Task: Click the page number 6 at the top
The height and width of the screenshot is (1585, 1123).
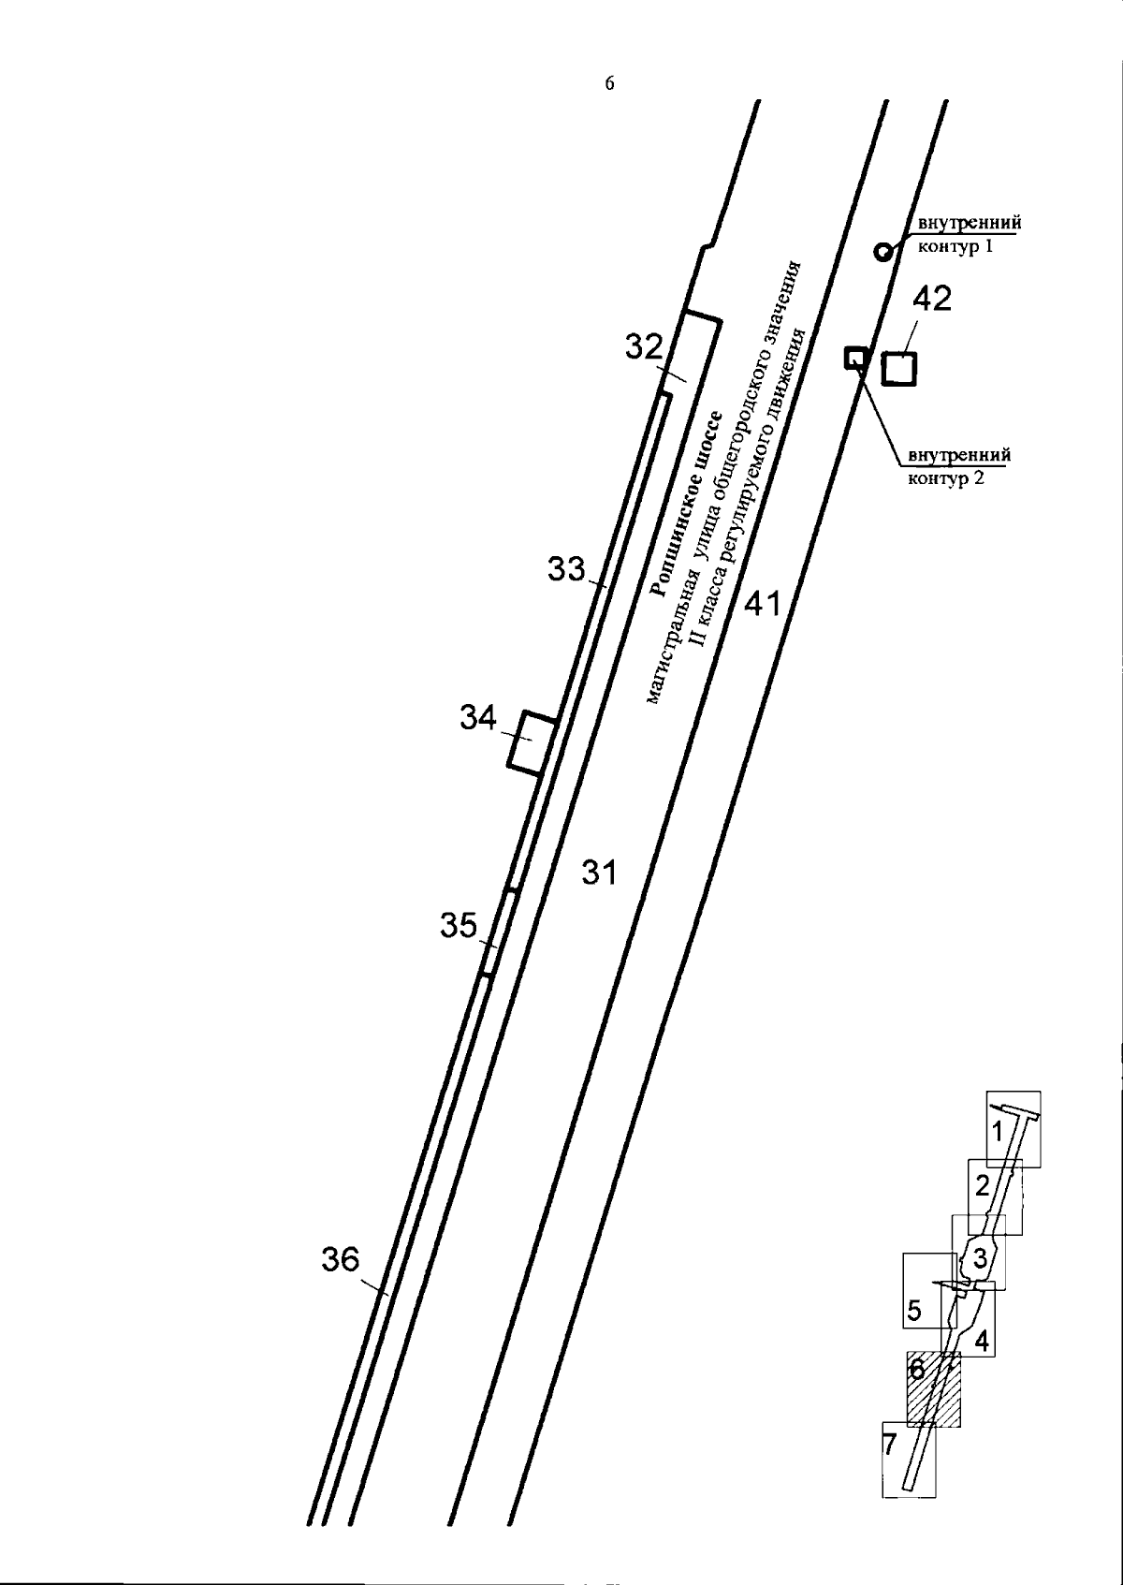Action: click(x=609, y=84)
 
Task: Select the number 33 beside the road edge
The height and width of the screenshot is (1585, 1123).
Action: click(x=566, y=569)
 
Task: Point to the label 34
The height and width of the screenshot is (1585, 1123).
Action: click(x=479, y=718)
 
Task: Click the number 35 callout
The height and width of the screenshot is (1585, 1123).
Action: click(x=459, y=926)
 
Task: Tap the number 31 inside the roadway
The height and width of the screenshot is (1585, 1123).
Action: click(x=599, y=873)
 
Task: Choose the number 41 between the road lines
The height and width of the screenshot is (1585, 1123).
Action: click(x=763, y=604)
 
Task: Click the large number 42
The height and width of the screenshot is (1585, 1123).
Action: click(x=932, y=299)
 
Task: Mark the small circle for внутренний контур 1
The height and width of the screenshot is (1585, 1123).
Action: click(x=882, y=252)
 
